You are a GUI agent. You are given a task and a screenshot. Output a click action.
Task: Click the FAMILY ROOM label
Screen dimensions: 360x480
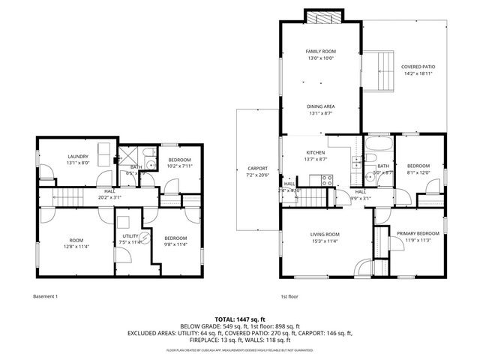[319, 52]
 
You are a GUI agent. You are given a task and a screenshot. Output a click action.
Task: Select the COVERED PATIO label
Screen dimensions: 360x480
[418, 67]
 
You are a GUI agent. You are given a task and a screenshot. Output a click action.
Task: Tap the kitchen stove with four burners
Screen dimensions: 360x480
[327, 179]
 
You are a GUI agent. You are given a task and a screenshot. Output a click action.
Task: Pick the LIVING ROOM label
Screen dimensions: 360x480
[325, 234]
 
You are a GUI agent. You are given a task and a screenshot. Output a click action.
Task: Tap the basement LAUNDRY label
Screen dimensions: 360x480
[78, 157]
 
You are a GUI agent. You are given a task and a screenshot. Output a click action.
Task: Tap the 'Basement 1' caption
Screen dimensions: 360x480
[46, 295]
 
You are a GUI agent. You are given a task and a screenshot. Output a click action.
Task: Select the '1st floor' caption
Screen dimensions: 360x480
[289, 295]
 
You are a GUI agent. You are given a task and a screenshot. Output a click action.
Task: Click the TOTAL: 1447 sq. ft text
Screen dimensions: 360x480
[239, 319]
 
